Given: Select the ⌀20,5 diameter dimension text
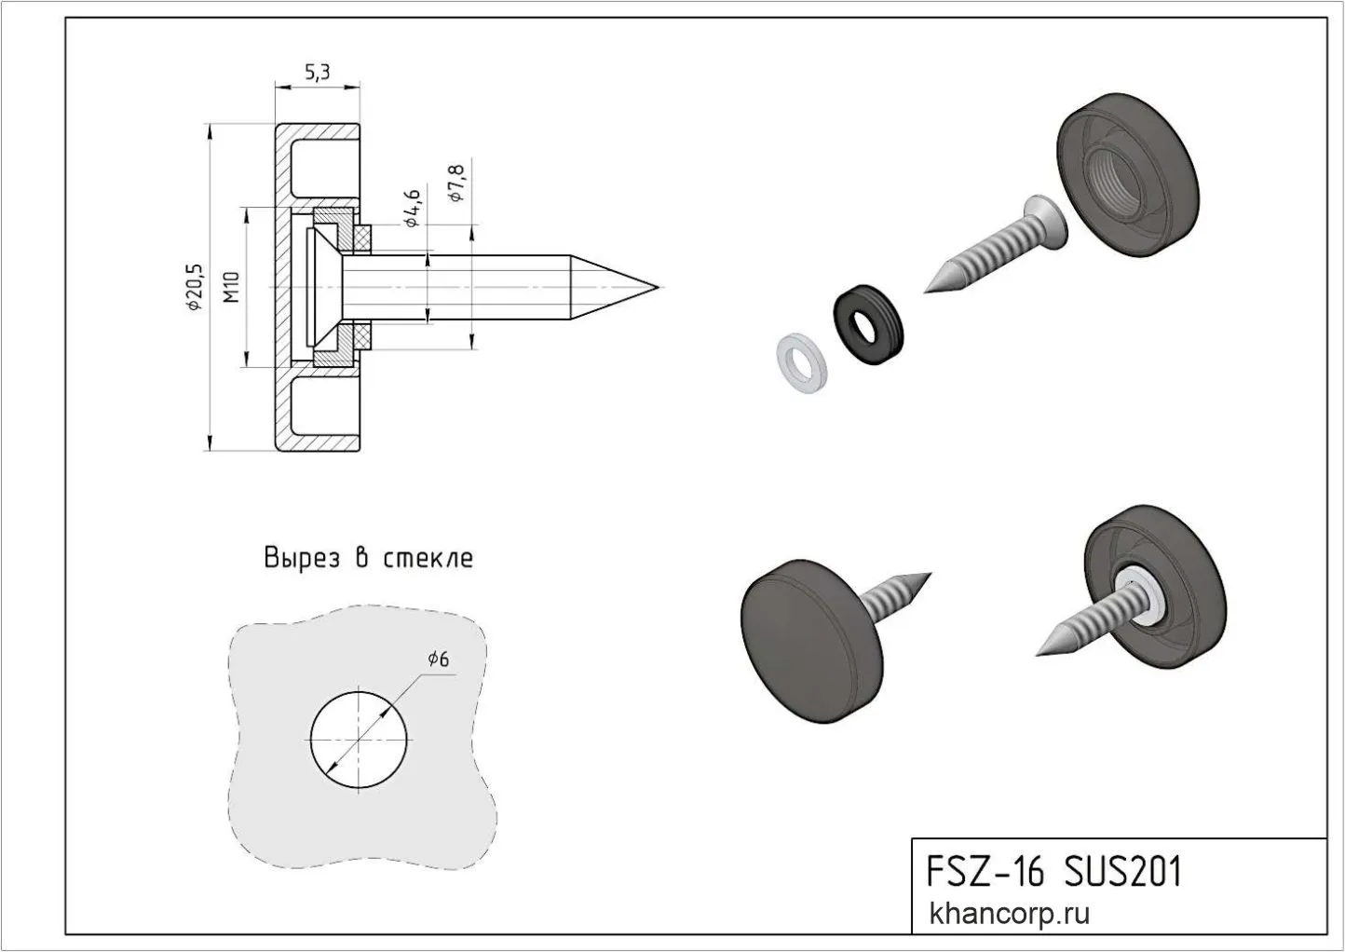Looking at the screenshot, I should [x=195, y=286].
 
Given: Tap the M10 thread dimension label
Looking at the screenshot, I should [x=233, y=287].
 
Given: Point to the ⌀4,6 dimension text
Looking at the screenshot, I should [x=413, y=208].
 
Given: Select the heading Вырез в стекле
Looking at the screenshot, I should [x=369, y=558].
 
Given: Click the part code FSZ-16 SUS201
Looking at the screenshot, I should [x=1053, y=873].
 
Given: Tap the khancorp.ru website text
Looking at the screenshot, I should [x=1010, y=914].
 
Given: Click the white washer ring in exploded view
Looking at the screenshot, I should [x=800, y=363].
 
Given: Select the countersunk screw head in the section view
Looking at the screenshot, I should [x=326, y=287].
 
